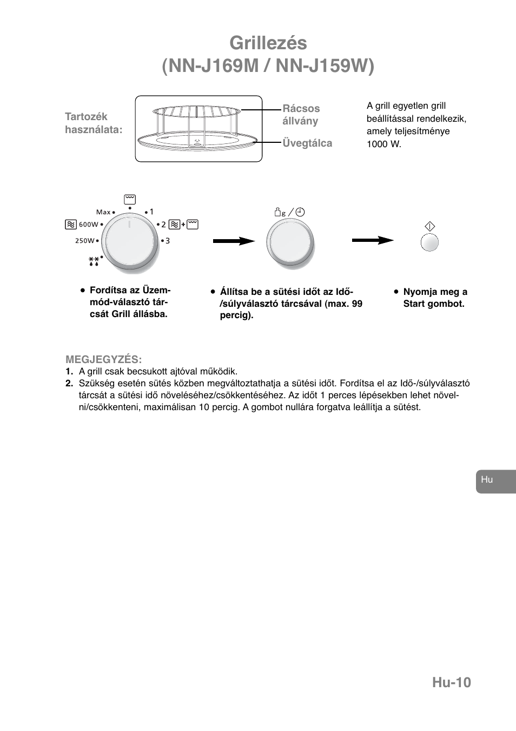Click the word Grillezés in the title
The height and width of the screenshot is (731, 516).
point(268,43)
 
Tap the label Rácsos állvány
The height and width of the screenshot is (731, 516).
point(301,115)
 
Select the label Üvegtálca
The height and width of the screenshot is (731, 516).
point(307,143)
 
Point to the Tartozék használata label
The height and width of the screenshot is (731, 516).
point(93,123)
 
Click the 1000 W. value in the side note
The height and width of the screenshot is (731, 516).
point(384,144)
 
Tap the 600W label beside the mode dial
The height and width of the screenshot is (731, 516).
point(89,224)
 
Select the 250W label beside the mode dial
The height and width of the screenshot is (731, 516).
point(85,241)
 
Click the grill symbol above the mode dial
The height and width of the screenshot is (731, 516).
point(129,199)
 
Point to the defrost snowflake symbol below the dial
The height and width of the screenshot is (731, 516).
point(94,262)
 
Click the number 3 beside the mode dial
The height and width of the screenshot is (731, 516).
point(168,241)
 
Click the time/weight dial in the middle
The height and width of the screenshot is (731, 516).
point(289,242)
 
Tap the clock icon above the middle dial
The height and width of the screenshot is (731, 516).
point(300,213)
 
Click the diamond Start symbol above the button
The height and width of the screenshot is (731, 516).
point(430,227)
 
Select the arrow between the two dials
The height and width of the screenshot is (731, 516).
point(234,241)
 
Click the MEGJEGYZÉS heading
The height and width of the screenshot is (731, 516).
point(103,359)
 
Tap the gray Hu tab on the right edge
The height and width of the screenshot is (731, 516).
point(495,481)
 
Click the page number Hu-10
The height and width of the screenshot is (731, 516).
point(451,682)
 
